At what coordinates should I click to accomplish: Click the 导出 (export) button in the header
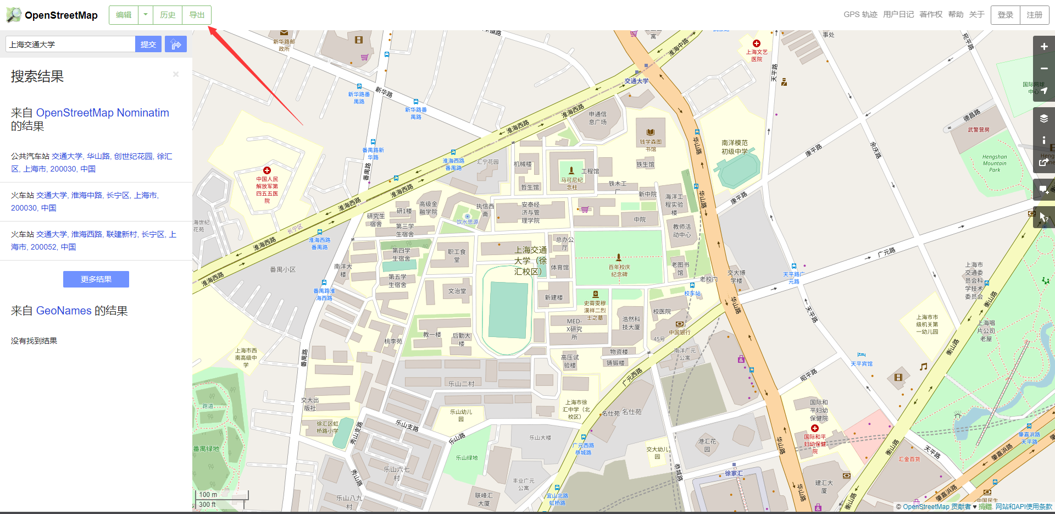pos(197,15)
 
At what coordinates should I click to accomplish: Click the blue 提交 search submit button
pos(148,45)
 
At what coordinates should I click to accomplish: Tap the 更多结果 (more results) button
pos(96,279)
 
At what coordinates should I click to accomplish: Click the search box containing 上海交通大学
pos(70,45)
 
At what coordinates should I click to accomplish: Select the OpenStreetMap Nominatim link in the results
pos(103,113)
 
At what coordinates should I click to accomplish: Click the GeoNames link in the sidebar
pos(64,311)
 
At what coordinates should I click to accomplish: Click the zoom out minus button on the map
pos(1044,69)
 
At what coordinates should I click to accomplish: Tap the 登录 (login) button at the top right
pos(1005,15)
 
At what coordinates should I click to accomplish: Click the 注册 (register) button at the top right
pos(1034,15)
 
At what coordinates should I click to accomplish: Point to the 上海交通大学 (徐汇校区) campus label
pos(530,261)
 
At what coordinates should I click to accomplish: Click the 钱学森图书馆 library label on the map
pos(651,145)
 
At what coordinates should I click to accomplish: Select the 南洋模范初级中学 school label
pos(735,147)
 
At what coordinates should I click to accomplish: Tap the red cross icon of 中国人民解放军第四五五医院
pos(267,170)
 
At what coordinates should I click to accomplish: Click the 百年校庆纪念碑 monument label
pos(619,270)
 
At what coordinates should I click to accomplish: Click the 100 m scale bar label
pos(208,495)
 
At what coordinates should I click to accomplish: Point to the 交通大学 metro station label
pos(636,81)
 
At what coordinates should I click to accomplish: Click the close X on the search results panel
pos(176,74)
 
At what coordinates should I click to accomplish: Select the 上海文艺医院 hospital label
pos(757,55)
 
